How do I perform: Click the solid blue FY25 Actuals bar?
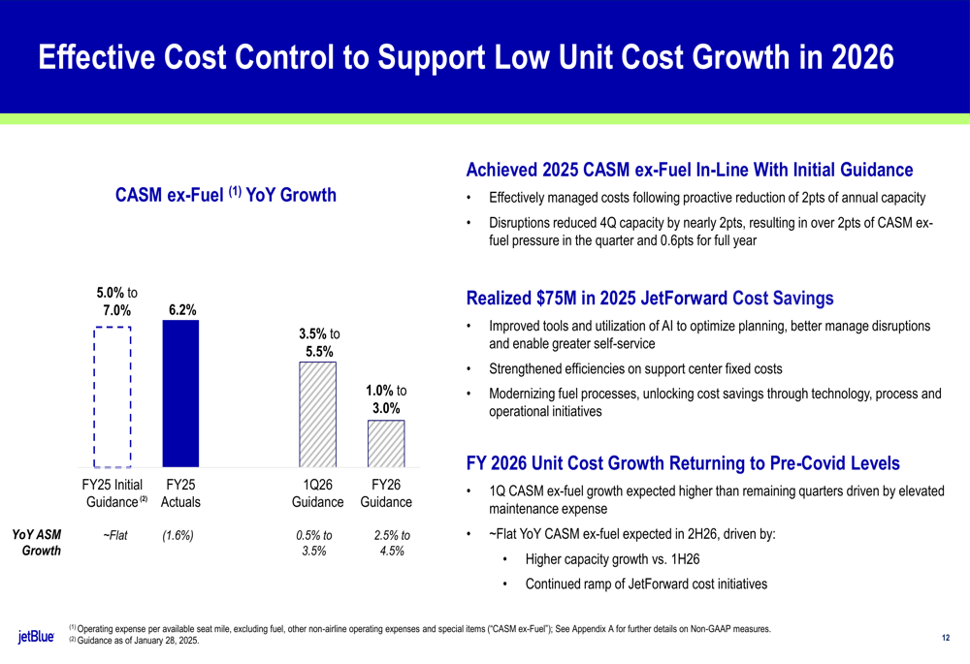tap(180, 394)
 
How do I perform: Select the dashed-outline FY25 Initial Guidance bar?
tap(113, 396)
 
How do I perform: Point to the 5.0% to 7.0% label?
tap(115, 301)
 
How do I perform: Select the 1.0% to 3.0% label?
tap(386, 399)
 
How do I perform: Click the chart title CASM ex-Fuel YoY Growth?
tap(225, 196)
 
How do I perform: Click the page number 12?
tap(946, 638)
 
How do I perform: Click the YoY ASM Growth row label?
tap(36, 543)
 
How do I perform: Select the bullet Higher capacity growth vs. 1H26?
tap(613, 559)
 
